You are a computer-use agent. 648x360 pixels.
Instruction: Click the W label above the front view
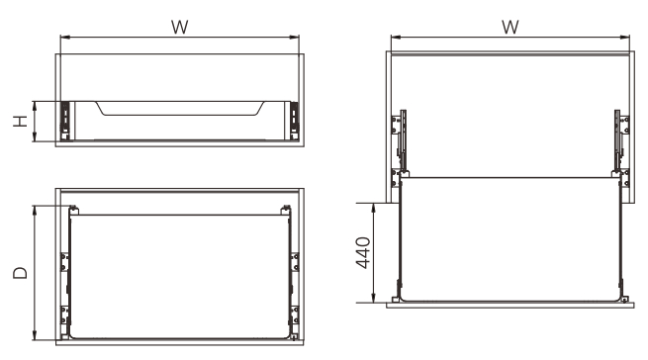(x=180, y=28)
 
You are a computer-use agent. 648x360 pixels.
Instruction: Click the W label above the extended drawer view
(x=510, y=28)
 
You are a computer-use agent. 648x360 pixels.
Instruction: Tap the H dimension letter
(x=20, y=121)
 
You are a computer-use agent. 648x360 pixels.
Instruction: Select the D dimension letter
(x=20, y=273)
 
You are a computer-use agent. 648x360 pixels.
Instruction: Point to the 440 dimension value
(x=363, y=252)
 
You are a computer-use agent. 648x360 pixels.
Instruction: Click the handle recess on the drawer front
(x=181, y=108)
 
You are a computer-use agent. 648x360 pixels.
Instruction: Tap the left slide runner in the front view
(x=65, y=121)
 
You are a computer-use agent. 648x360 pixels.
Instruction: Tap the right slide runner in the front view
(x=294, y=121)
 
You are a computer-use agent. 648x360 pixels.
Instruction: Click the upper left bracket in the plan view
(x=64, y=262)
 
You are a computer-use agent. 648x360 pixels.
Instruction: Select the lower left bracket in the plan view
(x=64, y=315)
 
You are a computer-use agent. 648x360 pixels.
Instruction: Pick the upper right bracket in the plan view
(x=295, y=262)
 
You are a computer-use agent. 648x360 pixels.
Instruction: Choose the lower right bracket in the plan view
(x=295, y=315)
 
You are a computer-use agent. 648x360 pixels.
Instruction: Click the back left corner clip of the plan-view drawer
(x=74, y=210)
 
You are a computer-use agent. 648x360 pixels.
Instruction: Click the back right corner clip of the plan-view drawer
(x=285, y=210)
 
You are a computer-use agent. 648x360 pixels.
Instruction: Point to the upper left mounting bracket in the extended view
(x=397, y=126)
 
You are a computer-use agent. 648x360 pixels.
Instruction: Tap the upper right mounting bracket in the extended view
(x=625, y=126)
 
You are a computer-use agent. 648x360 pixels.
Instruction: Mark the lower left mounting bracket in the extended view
(x=396, y=178)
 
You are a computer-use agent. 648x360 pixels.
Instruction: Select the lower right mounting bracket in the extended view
(x=625, y=178)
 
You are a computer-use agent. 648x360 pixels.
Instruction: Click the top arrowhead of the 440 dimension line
(x=374, y=207)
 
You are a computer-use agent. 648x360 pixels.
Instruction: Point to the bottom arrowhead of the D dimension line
(x=36, y=335)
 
